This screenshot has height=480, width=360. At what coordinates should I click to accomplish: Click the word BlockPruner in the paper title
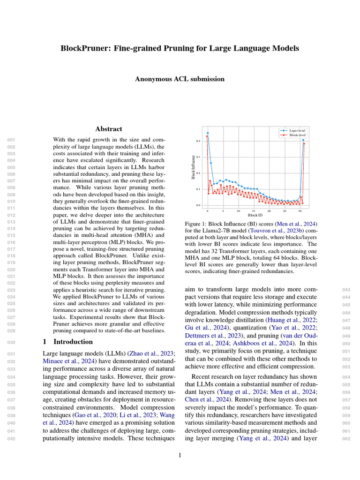(x=82, y=48)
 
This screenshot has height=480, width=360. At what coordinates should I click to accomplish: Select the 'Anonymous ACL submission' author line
(x=180, y=79)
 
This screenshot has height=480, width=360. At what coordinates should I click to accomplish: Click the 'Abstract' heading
(x=109, y=129)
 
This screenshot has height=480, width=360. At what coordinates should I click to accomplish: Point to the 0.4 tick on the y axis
(x=198, y=141)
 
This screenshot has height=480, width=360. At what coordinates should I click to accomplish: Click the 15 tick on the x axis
(x=254, y=211)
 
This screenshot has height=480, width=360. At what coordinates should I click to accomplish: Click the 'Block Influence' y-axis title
(x=193, y=167)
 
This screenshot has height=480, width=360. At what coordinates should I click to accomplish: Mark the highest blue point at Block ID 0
(x=208, y=133)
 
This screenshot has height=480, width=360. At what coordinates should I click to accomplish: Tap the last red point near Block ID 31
(x=304, y=143)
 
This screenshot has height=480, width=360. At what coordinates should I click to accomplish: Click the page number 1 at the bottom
(x=180, y=455)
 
